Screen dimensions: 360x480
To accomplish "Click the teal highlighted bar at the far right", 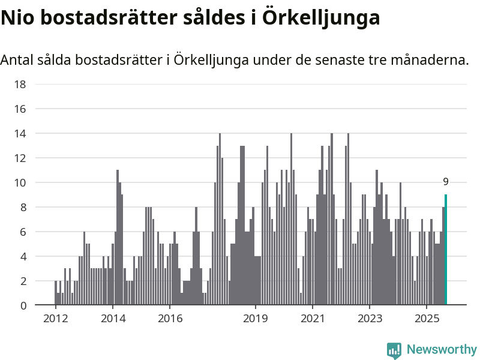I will (446, 250).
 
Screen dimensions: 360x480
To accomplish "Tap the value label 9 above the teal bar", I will (446, 182).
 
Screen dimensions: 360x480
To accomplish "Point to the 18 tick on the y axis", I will (20, 84).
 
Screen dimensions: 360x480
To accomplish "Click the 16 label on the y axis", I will (20, 109).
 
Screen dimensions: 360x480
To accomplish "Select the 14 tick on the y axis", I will (20, 133).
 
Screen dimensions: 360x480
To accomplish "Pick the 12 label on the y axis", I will (20, 158).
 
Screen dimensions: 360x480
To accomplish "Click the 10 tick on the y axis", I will (20, 182).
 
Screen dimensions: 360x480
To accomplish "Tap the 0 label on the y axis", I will (23, 305).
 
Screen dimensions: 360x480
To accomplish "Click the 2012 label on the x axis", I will (55, 317).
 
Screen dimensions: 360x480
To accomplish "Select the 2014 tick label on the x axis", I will (113, 317).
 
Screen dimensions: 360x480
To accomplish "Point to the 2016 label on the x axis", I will (170, 317).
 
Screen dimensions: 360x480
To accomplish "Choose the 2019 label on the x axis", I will (256, 317).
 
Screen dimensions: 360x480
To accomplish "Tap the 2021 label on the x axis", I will (313, 317).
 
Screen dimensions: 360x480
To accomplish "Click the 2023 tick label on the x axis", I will (370, 317).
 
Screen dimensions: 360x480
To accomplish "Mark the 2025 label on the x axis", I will (427, 317).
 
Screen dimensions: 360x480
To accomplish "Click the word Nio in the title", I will (16, 18).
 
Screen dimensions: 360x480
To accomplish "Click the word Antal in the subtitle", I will (16, 60).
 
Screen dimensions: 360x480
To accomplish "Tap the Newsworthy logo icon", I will (394, 350).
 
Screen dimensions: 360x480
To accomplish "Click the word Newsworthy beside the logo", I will (442, 349).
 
